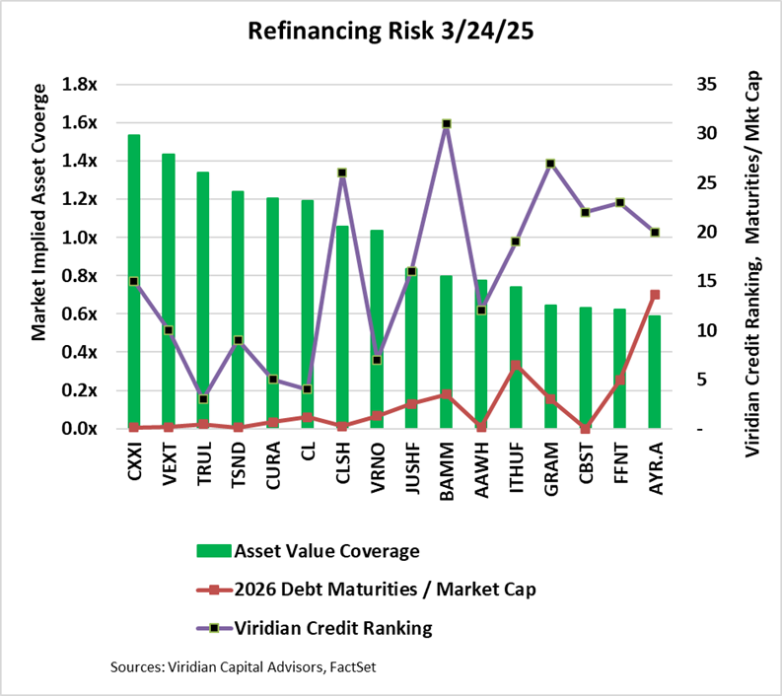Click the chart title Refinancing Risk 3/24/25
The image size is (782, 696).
tap(391, 32)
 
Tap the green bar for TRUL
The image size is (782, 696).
tap(203, 301)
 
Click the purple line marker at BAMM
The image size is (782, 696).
tap(446, 124)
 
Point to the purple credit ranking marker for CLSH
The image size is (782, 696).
tap(342, 173)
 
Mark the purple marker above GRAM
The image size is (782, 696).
tap(550, 163)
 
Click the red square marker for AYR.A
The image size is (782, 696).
tap(654, 295)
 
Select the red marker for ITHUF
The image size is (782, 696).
tap(516, 366)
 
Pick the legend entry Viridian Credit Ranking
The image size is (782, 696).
tap(333, 627)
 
